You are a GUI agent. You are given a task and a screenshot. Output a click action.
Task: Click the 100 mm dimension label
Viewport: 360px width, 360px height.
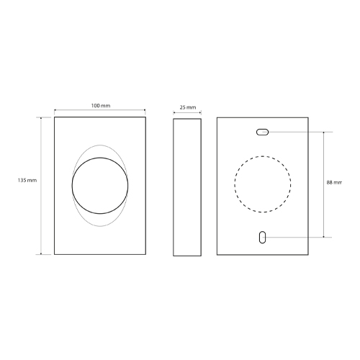tap(101, 106)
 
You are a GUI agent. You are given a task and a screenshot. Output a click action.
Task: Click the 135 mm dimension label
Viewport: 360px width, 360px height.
tap(27, 180)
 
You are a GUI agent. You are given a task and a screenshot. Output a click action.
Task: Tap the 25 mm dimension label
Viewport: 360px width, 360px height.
tap(188, 107)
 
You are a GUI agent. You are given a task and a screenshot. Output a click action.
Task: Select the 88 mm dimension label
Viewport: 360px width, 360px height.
tap(334, 182)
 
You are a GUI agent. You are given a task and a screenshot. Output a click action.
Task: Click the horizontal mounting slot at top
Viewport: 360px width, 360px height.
tap(262, 132)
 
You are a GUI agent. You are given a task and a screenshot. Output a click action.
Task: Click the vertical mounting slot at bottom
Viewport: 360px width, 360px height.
tap(262, 237)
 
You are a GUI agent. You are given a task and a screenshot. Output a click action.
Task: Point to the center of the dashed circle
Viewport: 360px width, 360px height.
tap(263, 184)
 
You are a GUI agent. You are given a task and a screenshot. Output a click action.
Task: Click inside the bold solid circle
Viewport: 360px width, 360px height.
tap(100, 186)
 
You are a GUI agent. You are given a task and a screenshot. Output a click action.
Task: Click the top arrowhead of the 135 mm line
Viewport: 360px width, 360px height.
tap(41, 118)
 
